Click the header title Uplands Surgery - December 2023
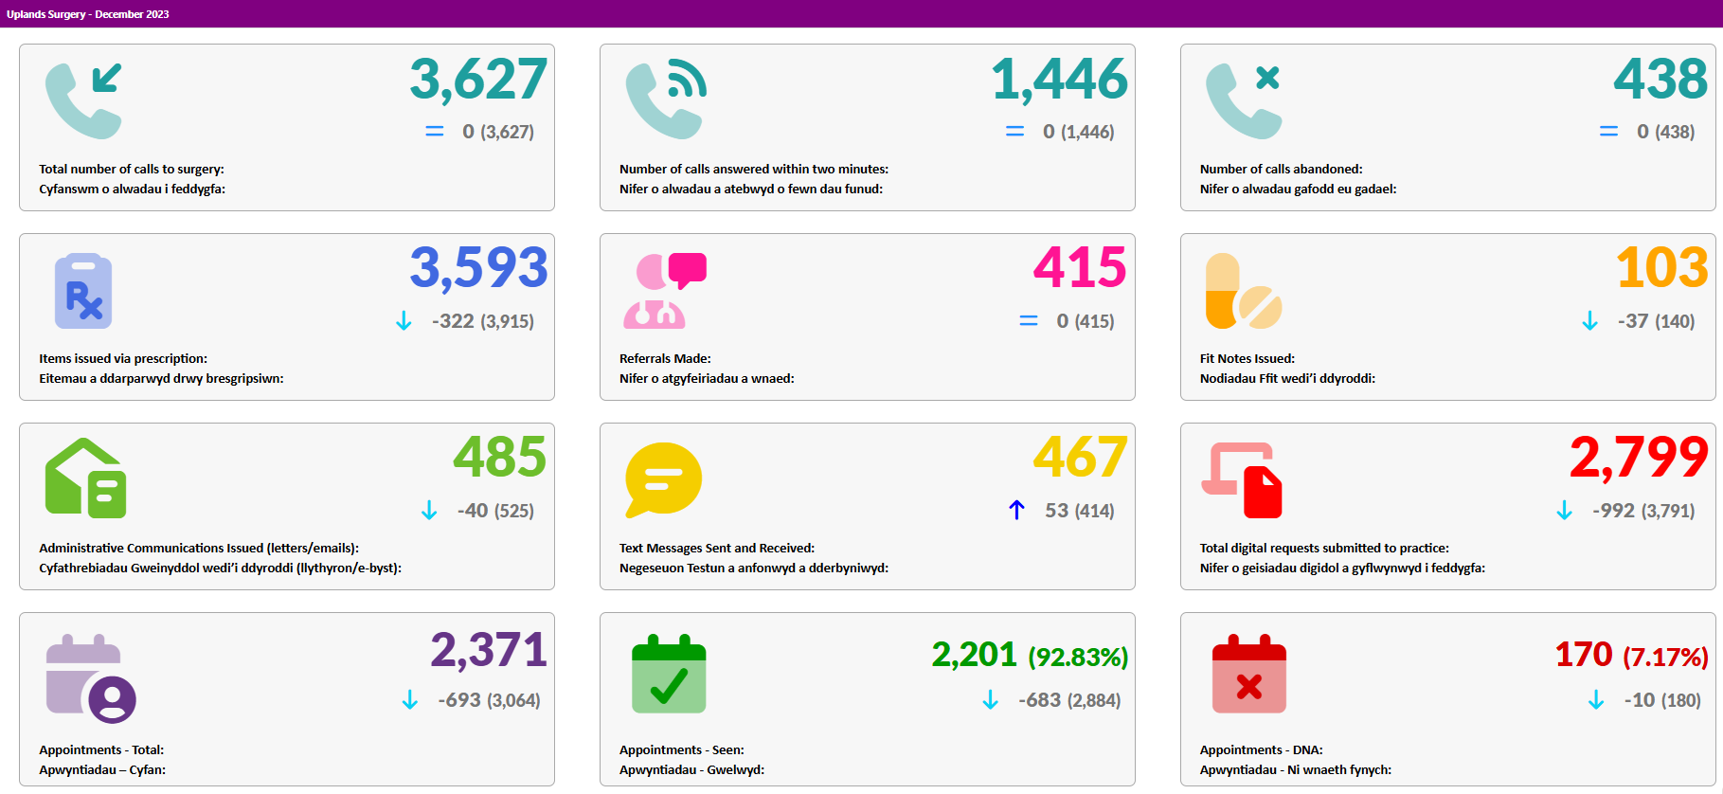(x=88, y=14)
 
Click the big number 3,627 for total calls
(x=478, y=79)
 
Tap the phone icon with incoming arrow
(x=84, y=100)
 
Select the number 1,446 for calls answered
(x=1060, y=79)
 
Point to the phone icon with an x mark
(x=1244, y=100)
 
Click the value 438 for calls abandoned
(x=1661, y=79)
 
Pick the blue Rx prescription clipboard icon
(x=83, y=291)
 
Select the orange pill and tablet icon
(x=1244, y=291)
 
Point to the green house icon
(x=86, y=478)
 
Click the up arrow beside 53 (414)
(x=1016, y=510)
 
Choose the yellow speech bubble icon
(x=664, y=479)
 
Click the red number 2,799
(x=1640, y=458)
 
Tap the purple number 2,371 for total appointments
(x=489, y=651)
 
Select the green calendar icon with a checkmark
(x=669, y=674)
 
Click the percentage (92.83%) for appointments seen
(x=1079, y=657)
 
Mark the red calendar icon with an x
(x=1249, y=674)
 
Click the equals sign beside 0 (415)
(x=1029, y=321)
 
